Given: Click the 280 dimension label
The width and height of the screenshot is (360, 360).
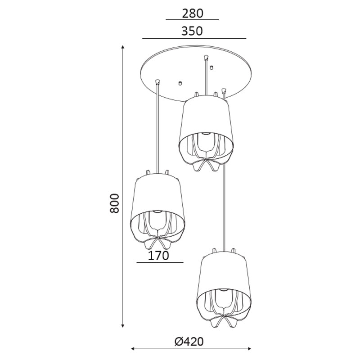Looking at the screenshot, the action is click(193, 13).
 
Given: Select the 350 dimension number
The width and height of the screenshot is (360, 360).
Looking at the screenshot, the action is click(192, 31).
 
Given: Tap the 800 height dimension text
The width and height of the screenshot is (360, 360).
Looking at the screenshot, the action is click(115, 203).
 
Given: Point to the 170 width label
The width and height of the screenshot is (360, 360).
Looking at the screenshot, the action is click(158, 256).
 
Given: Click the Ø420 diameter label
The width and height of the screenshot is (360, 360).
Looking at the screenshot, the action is click(189, 342).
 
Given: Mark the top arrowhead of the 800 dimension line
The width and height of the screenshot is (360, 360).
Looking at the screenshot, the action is click(123, 47).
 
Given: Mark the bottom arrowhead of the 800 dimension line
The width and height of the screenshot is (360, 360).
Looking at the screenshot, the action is click(123, 325).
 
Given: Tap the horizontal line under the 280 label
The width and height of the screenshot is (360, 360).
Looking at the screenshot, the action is click(192, 20).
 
